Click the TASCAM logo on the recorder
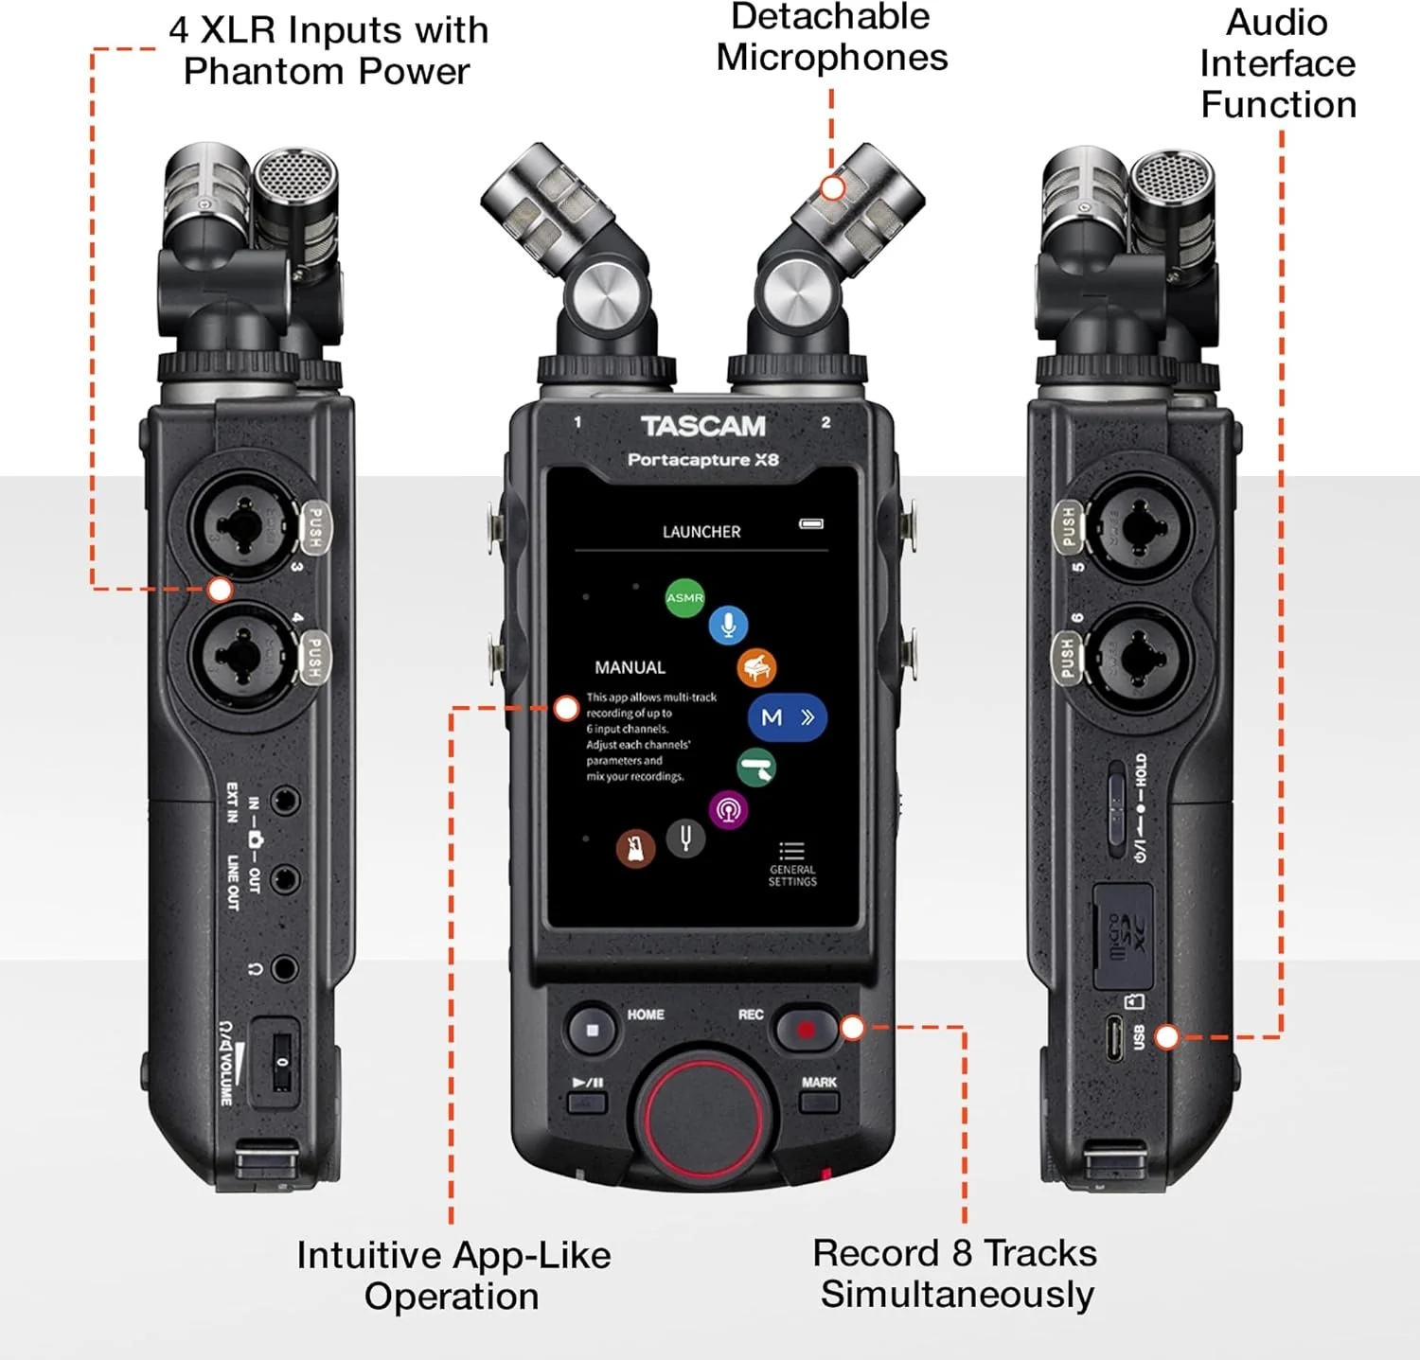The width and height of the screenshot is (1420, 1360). tap(702, 427)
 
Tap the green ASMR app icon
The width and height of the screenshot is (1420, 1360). tap(684, 598)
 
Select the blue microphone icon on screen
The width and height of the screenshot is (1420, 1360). tap(728, 625)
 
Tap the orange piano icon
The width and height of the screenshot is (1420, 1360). tap(756, 668)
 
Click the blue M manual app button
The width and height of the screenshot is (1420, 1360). tap(787, 717)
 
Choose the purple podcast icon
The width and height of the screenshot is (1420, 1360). tap(728, 810)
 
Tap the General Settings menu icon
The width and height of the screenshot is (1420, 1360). tap(791, 851)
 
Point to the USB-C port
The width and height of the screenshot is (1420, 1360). tap(1114, 1039)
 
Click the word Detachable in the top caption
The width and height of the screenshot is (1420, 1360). tap(830, 17)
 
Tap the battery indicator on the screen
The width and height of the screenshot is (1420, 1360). tap(811, 523)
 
